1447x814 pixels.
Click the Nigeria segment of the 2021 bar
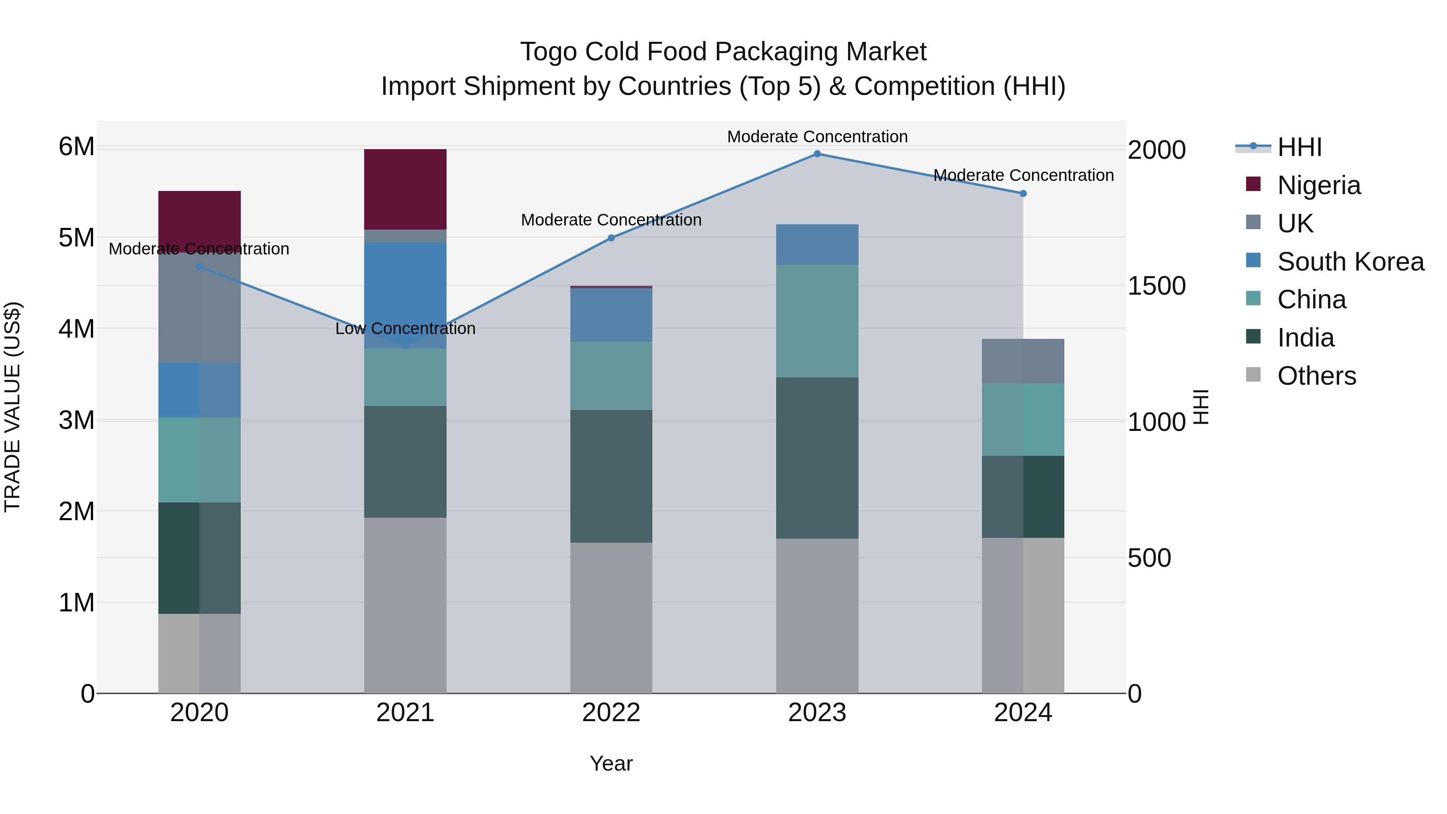pos(405,189)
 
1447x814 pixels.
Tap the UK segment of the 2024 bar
pos(1022,361)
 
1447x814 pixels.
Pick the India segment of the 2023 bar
pos(817,458)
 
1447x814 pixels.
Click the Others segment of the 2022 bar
pos(611,617)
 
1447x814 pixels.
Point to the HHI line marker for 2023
pos(817,154)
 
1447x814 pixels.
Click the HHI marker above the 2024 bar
pos(1023,193)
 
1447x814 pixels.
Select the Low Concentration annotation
pos(405,329)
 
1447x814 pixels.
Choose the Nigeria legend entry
pos(1318,185)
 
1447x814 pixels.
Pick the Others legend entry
pos(1316,376)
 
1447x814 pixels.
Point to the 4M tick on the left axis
pos(76,329)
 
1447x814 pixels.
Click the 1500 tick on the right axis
pos(1156,286)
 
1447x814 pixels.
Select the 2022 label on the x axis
pos(611,713)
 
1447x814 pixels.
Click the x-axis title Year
pos(611,763)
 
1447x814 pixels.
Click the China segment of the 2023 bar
pos(817,321)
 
